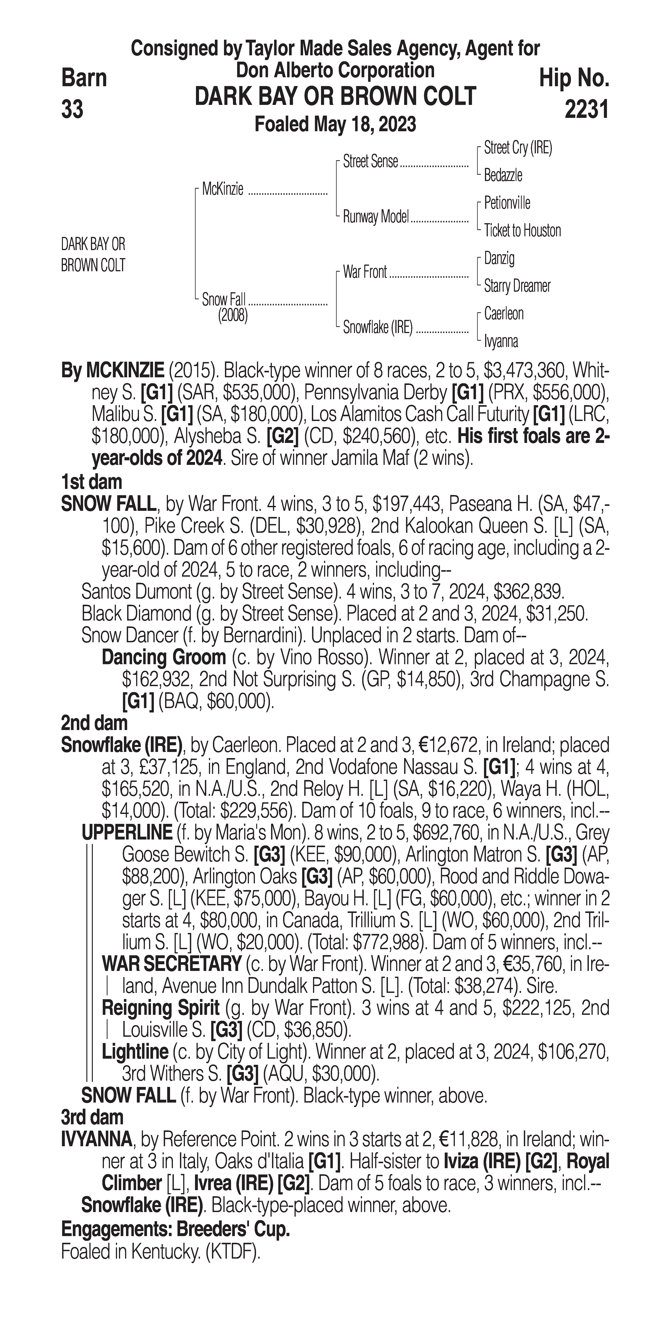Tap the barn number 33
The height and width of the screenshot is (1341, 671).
72,110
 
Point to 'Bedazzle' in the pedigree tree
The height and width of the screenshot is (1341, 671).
503,175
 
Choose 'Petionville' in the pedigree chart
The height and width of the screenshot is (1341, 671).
507,203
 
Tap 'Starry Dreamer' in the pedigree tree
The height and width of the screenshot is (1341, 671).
517,286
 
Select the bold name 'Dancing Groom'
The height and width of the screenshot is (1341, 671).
164,658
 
